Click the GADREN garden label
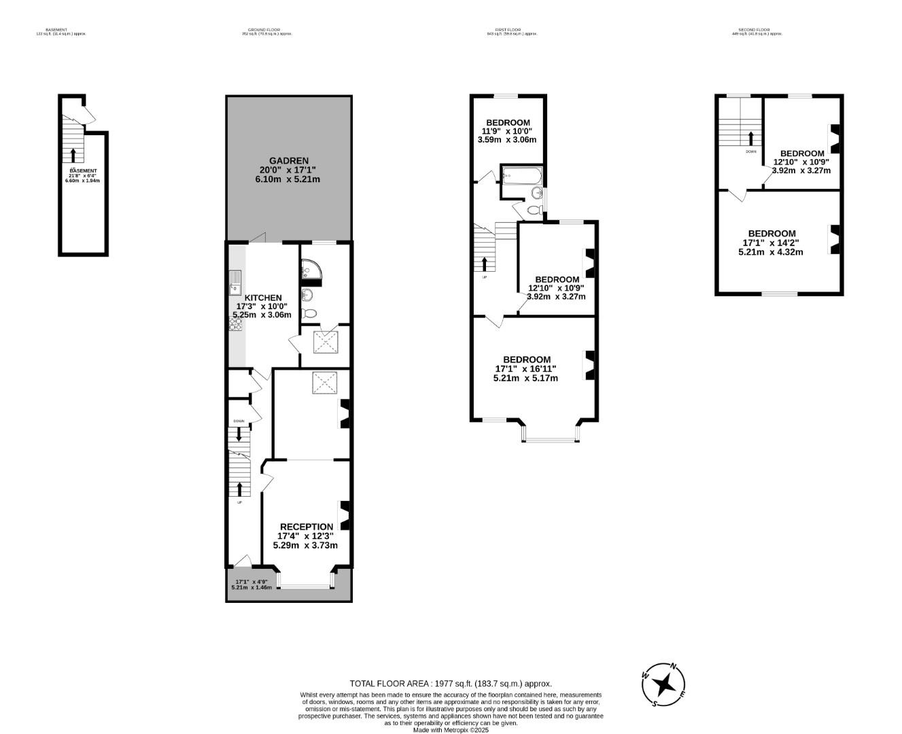click(x=289, y=160)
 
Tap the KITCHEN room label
click(x=263, y=298)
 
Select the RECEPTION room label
click(x=307, y=526)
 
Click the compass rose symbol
click(x=663, y=684)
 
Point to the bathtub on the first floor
click(x=521, y=178)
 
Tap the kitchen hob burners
click(x=236, y=325)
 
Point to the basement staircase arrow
click(x=73, y=154)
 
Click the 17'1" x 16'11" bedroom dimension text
click(x=525, y=369)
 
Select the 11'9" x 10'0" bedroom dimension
click(x=507, y=131)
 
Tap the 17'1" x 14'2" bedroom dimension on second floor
click(x=771, y=243)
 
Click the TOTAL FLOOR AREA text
click(x=451, y=684)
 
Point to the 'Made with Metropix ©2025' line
click(x=451, y=730)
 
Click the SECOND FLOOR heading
click(x=754, y=30)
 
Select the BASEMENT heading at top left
click(x=56, y=30)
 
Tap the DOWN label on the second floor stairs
click(x=750, y=152)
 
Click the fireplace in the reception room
click(x=345, y=515)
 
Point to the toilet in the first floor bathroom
click(x=534, y=210)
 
